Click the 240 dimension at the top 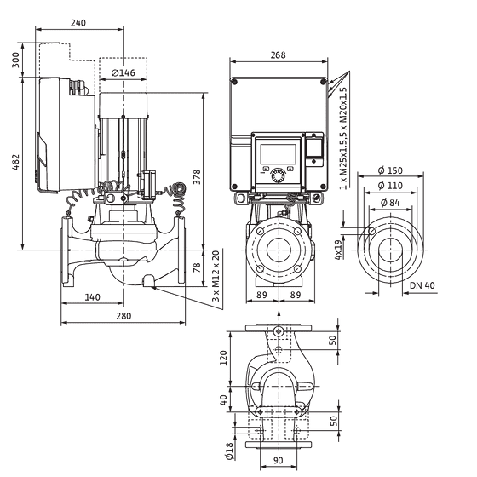click(x=78, y=23)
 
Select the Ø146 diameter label click(x=124, y=73)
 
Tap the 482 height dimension click(x=16, y=162)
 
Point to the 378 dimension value click(x=197, y=177)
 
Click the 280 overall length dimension click(x=124, y=316)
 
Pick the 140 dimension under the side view click(x=92, y=297)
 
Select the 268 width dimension click(x=279, y=55)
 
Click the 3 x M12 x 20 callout click(x=216, y=276)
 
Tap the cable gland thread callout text click(x=343, y=138)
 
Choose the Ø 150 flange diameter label click(x=390, y=170)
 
